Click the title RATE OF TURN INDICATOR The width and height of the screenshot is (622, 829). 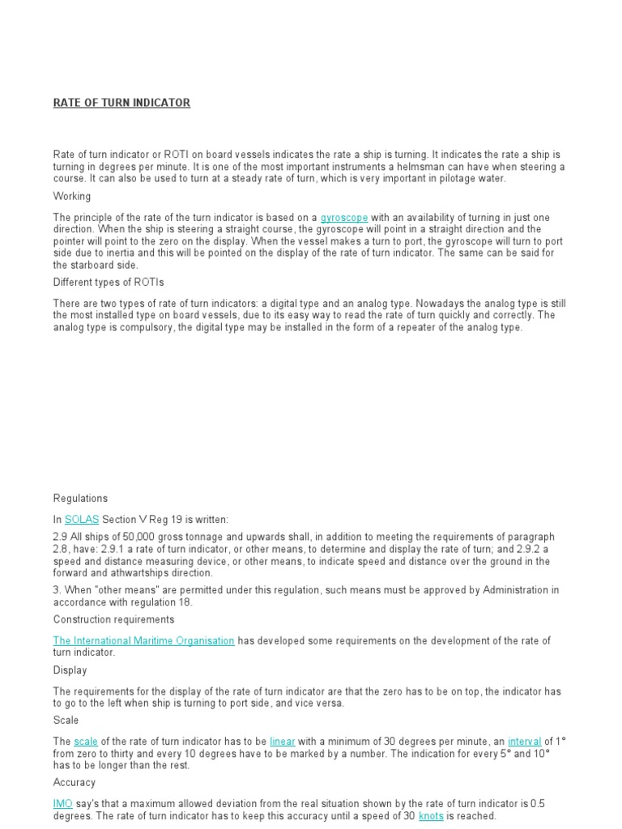(x=121, y=103)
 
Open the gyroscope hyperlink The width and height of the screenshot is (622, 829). (x=344, y=218)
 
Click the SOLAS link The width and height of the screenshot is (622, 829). (x=81, y=518)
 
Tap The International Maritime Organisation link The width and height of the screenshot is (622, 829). (x=143, y=640)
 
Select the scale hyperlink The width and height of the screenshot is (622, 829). (x=85, y=741)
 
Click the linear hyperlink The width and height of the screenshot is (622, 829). (x=283, y=741)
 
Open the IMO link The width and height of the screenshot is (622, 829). (x=63, y=804)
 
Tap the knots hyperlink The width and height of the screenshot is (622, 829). (x=431, y=816)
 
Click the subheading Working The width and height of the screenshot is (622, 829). (x=72, y=196)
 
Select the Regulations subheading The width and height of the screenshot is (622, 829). (x=80, y=498)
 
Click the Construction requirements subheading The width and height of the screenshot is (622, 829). (x=113, y=619)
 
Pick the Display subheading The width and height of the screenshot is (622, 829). (x=70, y=670)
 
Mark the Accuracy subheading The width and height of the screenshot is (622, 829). (x=75, y=783)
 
